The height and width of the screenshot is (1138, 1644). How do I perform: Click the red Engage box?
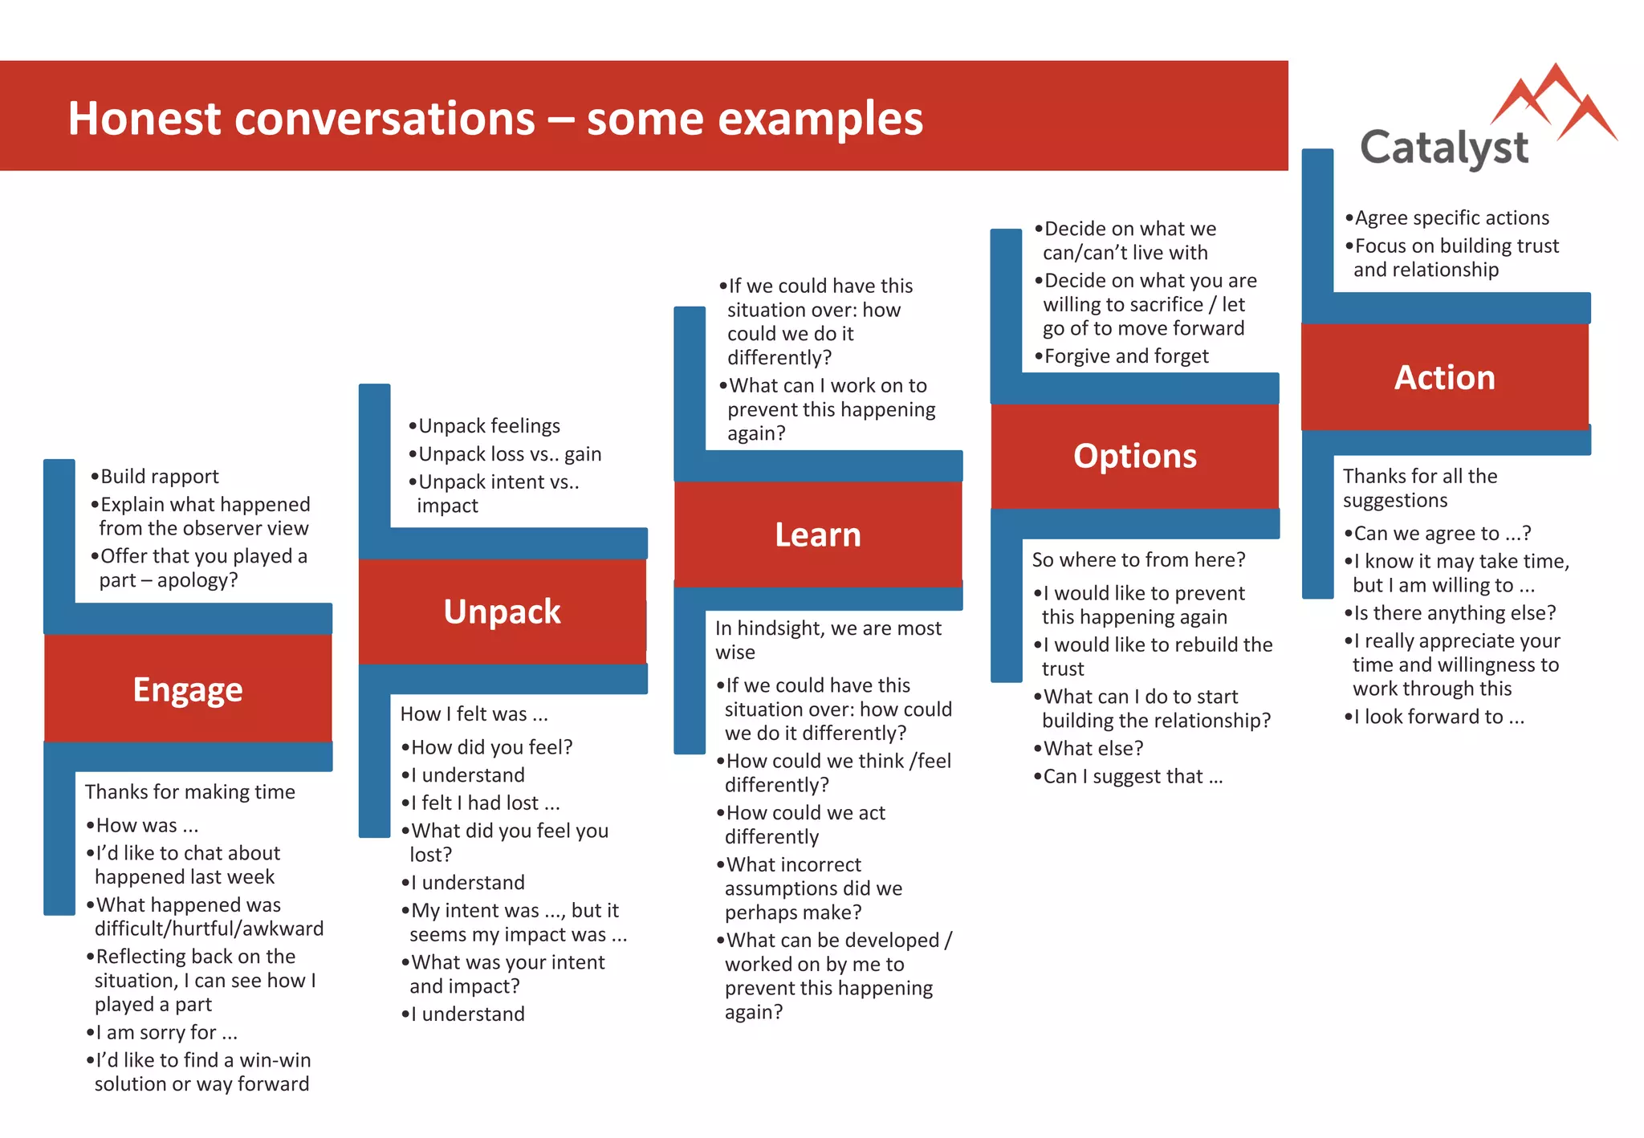(x=188, y=689)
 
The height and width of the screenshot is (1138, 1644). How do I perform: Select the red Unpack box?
(x=503, y=612)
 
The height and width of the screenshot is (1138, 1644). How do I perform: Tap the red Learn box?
(x=818, y=534)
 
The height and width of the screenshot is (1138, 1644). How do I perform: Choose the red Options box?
(x=1134, y=456)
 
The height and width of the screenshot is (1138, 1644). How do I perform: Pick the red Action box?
(x=1444, y=377)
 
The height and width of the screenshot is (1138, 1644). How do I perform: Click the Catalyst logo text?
(x=1444, y=148)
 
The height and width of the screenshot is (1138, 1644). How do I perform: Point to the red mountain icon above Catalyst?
(x=1555, y=100)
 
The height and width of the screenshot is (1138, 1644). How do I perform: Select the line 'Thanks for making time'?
(x=190, y=792)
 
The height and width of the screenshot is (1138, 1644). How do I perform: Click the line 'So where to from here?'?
(x=1138, y=559)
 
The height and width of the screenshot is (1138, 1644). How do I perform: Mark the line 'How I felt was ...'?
(x=474, y=714)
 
